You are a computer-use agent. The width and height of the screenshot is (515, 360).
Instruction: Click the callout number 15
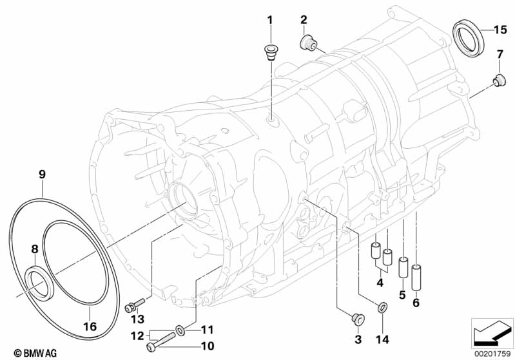(x=500, y=30)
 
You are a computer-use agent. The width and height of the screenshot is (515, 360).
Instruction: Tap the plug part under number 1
(x=270, y=53)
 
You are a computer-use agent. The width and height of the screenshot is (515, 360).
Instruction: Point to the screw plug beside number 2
(x=307, y=41)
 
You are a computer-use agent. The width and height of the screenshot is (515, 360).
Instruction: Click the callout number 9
(x=42, y=175)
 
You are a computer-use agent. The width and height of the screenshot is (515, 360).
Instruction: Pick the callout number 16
(x=90, y=327)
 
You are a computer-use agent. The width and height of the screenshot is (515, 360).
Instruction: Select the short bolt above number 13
(x=134, y=305)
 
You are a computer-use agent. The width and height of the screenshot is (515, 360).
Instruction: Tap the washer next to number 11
(x=180, y=330)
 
